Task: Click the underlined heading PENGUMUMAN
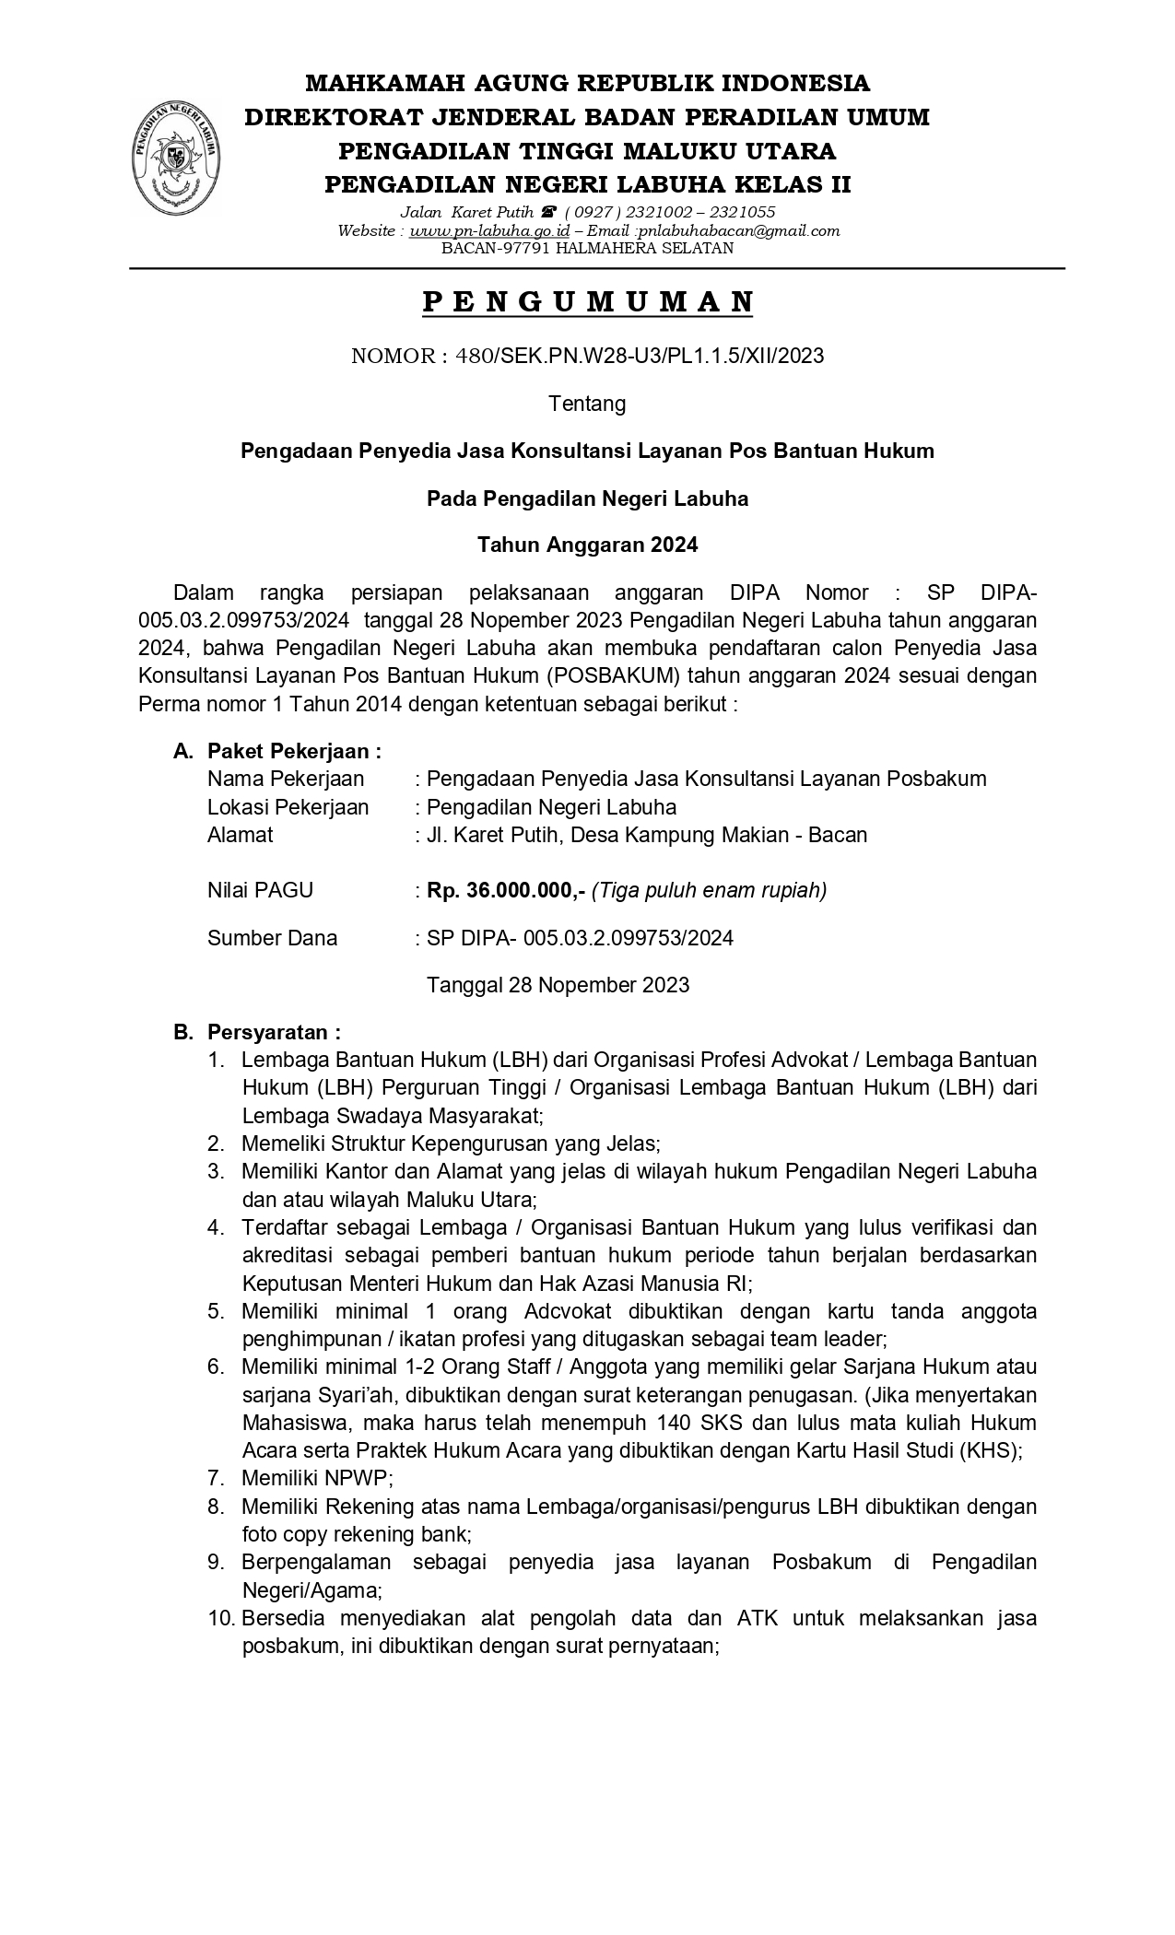pyautogui.click(x=587, y=302)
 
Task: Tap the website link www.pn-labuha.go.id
pyautogui.click(x=489, y=230)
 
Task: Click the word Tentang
pyautogui.click(x=587, y=404)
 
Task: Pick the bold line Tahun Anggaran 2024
pyautogui.click(x=587, y=545)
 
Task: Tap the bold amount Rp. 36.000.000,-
pyautogui.click(x=506, y=890)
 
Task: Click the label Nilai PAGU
pyautogui.click(x=260, y=890)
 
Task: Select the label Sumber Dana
pyautogui.click(x=272, y=938)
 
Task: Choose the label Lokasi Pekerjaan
pyautogui.click(x=288, y=807)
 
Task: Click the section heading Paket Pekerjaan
pyautogui.click(x=293, y=751)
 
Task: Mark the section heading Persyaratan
pyautogui.click(x=274, y=1031)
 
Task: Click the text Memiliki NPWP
pyautogui.click(x=317, y=1478)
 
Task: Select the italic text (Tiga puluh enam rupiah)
pyautogui.click(x=709, y=890)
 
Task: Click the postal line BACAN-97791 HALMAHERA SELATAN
pyautogui.click(x=587, y=248)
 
